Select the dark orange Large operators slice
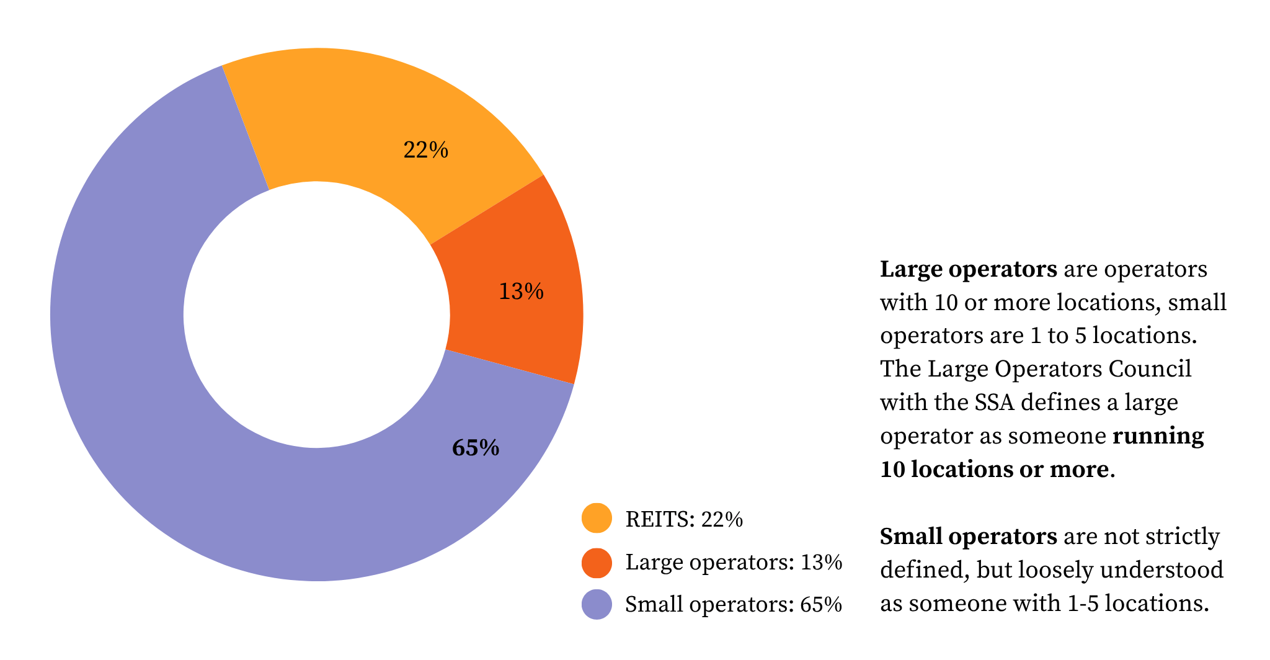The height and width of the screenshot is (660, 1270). click(508, 310)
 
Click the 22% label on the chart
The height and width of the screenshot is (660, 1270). click(425, 150)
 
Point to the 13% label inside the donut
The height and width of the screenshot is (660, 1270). click(521, 291)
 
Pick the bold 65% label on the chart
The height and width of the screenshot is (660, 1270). click(476, 447)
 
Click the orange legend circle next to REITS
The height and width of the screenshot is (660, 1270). click(597, 518)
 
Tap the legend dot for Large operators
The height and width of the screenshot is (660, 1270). click(597, 562)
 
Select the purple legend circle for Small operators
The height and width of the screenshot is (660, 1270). click(597, 604)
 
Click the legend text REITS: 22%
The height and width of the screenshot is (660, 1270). click(683, 519)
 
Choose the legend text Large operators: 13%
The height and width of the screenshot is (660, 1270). click(733, 562)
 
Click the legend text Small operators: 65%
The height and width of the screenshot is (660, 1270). click(733, 604)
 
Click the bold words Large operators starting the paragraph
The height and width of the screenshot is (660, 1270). click(968, 270)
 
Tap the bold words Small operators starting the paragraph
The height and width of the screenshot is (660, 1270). click(968, 537)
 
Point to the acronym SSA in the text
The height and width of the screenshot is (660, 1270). click(994, 403)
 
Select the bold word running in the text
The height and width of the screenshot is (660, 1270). click(1158, 436)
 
